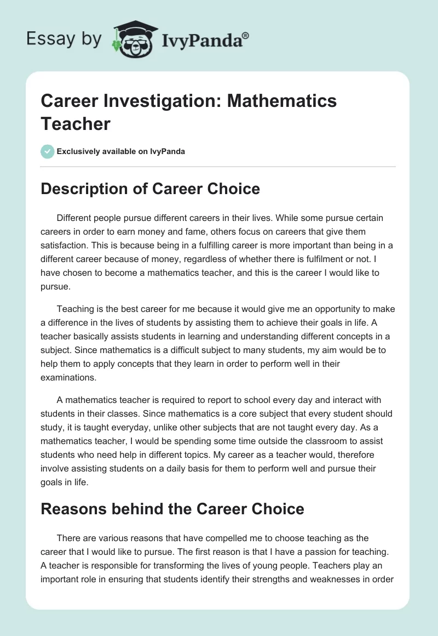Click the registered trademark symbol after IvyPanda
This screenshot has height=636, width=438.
point(246,35)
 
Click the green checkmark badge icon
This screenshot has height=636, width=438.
point(47,151)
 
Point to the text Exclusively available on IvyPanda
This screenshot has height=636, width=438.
point(120,151)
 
